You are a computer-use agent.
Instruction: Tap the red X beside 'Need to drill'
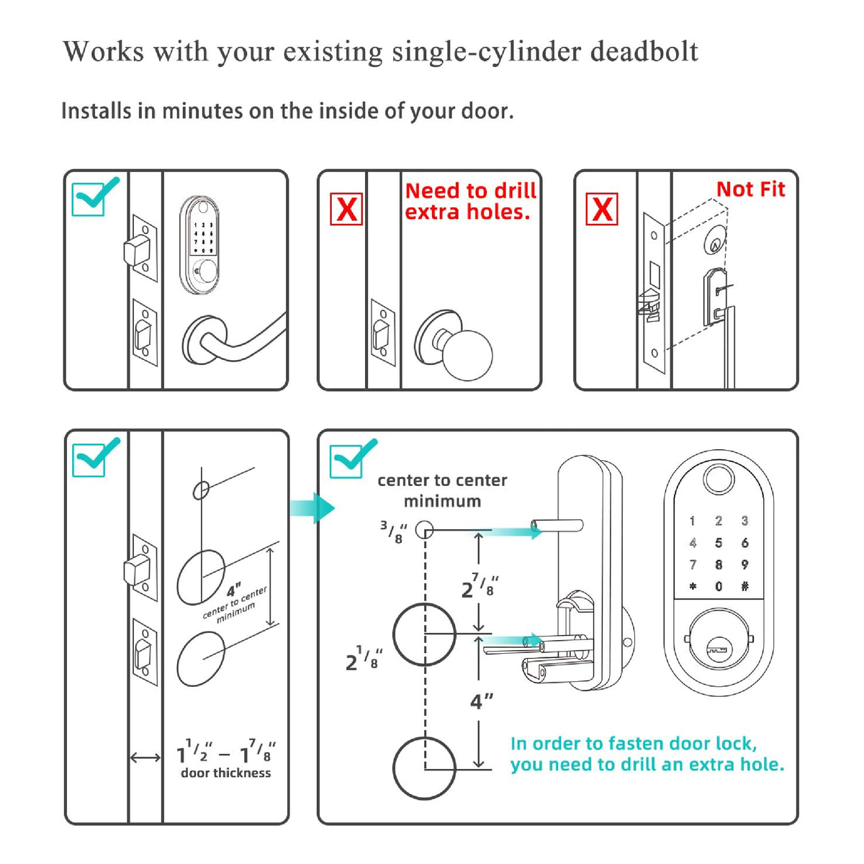(x=346, y=210)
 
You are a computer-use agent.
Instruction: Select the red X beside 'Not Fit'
(x=602, y=209)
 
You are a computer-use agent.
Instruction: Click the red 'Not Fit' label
(x=750, y=189)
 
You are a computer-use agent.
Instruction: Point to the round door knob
(x=467, y=354)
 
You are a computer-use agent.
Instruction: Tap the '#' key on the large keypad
(x=744, y=587)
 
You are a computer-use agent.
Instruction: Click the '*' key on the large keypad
(x=693, y=587)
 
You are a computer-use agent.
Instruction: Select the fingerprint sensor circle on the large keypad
(x=717, y=479)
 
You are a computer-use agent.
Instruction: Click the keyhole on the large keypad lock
(x=717, y=650)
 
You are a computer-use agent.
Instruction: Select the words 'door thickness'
(x=226, y=773)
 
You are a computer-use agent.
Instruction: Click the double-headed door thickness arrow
(x=145, y=757)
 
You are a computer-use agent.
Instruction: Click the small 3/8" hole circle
(x=424, y=531)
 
